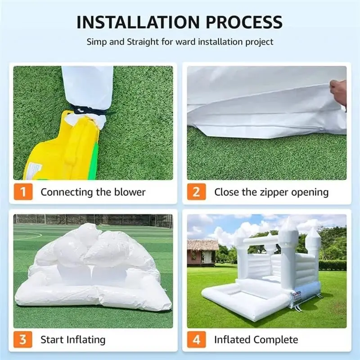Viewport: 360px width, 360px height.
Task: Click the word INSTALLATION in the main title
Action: click(138, 22)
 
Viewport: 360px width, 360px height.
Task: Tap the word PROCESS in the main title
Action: click(244, 22)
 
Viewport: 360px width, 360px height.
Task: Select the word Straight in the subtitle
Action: click(143, 42)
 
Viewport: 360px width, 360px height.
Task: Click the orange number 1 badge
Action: click(23, 192)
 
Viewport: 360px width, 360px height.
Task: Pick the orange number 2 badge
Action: click(197, 192)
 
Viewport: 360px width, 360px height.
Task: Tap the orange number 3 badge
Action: click(23, 339)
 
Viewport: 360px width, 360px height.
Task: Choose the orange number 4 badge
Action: click(197, 339)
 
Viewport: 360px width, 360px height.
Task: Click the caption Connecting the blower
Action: click(93, 192)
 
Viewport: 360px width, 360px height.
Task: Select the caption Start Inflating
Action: click(73, 340)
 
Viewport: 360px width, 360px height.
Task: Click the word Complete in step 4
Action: click(276, 340)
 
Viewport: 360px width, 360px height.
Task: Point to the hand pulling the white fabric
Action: click(338, 92)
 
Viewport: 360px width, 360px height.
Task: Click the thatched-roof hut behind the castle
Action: click(203, 252)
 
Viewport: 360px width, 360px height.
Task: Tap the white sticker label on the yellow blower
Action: click(34, 171)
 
